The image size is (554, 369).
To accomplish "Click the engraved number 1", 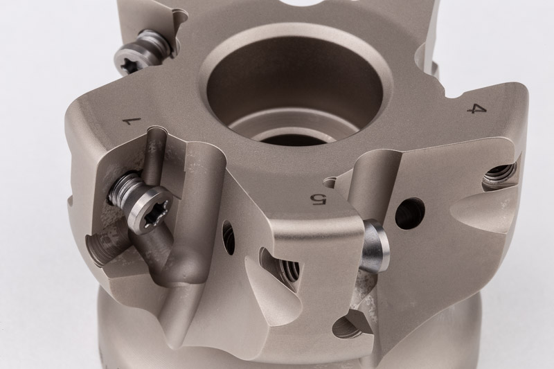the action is [132, 122].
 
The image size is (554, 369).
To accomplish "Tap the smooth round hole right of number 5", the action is [409, 213].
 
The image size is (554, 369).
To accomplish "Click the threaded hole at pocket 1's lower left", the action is [98, 249].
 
